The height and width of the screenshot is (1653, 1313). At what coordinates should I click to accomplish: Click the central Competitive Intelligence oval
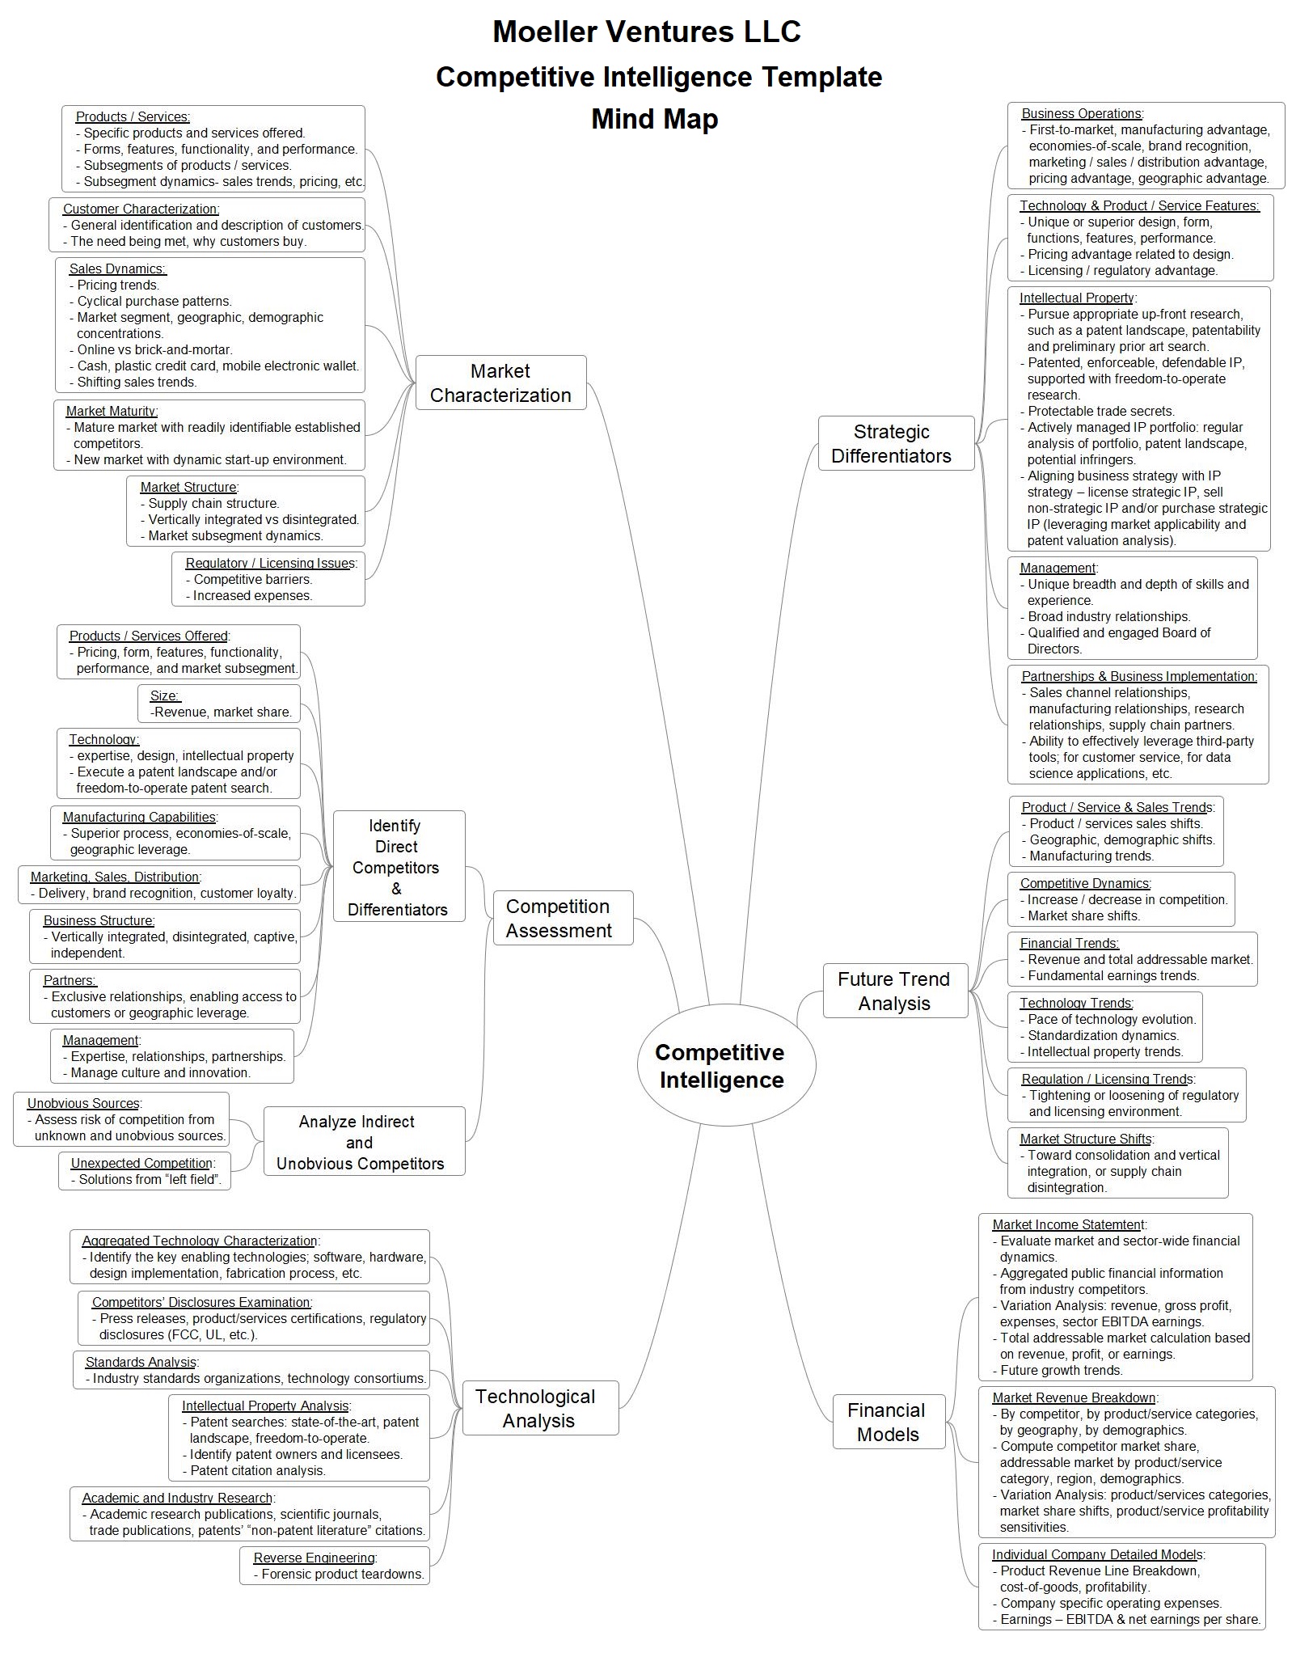tap(726, 1065)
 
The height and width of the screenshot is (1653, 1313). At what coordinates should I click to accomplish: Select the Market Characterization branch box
tap(500, 383)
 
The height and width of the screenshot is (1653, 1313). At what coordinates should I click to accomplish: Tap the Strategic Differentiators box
tap(897, 443)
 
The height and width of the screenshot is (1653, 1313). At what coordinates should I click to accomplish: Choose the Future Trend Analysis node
tap(895, 991)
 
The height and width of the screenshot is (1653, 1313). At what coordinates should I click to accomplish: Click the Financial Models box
tap(889, 1422)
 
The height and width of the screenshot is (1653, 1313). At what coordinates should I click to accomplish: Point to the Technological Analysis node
tap(540, 1408)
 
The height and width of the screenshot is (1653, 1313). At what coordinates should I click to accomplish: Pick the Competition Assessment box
tap(563, 918)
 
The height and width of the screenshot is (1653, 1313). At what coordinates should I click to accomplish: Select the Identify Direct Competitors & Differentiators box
tap(399, 866)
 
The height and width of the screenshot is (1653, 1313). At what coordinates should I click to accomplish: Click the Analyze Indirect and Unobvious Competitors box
tap(364, 1141)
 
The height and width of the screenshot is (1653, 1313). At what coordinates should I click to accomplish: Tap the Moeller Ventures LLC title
tap(647, 32)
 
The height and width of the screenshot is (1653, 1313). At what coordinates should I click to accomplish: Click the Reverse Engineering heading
tap(315, 1558)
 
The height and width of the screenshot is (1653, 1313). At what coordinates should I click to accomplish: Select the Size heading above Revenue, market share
tap(164, 695)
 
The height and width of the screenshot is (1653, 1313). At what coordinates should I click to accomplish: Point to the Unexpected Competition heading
tap(141, 1163)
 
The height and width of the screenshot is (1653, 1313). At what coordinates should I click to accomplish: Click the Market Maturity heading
tap(112, 411)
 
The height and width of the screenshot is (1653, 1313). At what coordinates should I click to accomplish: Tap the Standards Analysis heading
tap(141, 1362)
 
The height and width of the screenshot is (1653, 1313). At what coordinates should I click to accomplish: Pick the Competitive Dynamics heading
tap(1084, 883)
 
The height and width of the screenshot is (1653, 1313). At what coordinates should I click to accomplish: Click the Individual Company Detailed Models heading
tap(1097, 1554)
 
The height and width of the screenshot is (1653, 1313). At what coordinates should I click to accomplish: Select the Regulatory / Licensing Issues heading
tap(269, 563)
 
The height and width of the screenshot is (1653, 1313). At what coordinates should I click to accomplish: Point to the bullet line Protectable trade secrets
tap(1098, 411)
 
